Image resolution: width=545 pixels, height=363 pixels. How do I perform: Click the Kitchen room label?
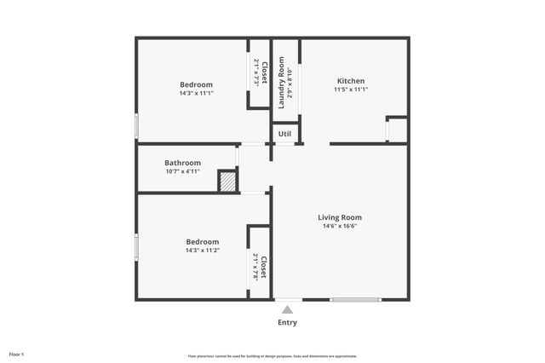pos(350,81)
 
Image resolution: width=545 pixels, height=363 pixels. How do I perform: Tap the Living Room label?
pos(341,217)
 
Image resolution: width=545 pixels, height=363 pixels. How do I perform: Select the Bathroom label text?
pos(182,163)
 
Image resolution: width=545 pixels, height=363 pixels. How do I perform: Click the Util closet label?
pos(284,134)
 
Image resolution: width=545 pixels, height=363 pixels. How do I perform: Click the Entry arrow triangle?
pos(288,310)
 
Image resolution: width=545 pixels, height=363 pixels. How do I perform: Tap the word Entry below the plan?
pos(288,323)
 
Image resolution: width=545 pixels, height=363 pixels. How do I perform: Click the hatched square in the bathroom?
pos(227,181)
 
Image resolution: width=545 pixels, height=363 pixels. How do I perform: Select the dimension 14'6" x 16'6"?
pos(341,227)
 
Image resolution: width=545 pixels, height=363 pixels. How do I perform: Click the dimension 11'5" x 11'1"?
pos(350,89)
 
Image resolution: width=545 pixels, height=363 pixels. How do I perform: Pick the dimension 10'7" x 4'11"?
pos(182,171)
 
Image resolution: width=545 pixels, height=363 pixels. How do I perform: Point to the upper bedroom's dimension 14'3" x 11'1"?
pos(196,93)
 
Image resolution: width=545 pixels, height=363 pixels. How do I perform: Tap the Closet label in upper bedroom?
pos(265,72)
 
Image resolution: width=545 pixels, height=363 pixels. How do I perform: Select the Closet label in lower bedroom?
pos(264,268)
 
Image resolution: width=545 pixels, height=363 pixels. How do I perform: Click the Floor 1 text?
pos(17,354)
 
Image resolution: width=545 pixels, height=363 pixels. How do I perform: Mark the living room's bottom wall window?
pos(356,299)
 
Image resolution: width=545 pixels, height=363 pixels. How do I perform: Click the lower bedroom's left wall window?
pos(136,247)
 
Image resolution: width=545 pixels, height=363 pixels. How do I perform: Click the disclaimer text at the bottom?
pos(272,356)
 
